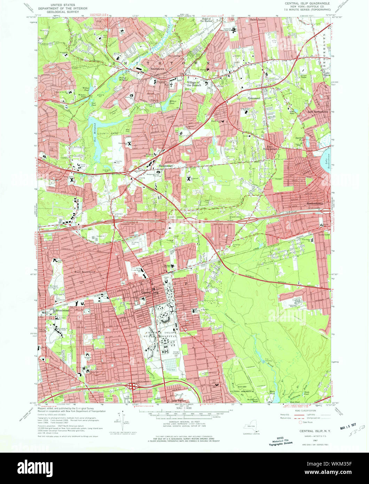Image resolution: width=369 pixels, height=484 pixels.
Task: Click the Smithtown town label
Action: [157, 69]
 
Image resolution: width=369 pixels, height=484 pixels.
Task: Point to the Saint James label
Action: [258, 20]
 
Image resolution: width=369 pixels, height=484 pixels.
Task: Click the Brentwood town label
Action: [62, 310]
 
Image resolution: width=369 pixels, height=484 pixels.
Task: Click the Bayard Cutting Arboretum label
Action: [243, 389]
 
